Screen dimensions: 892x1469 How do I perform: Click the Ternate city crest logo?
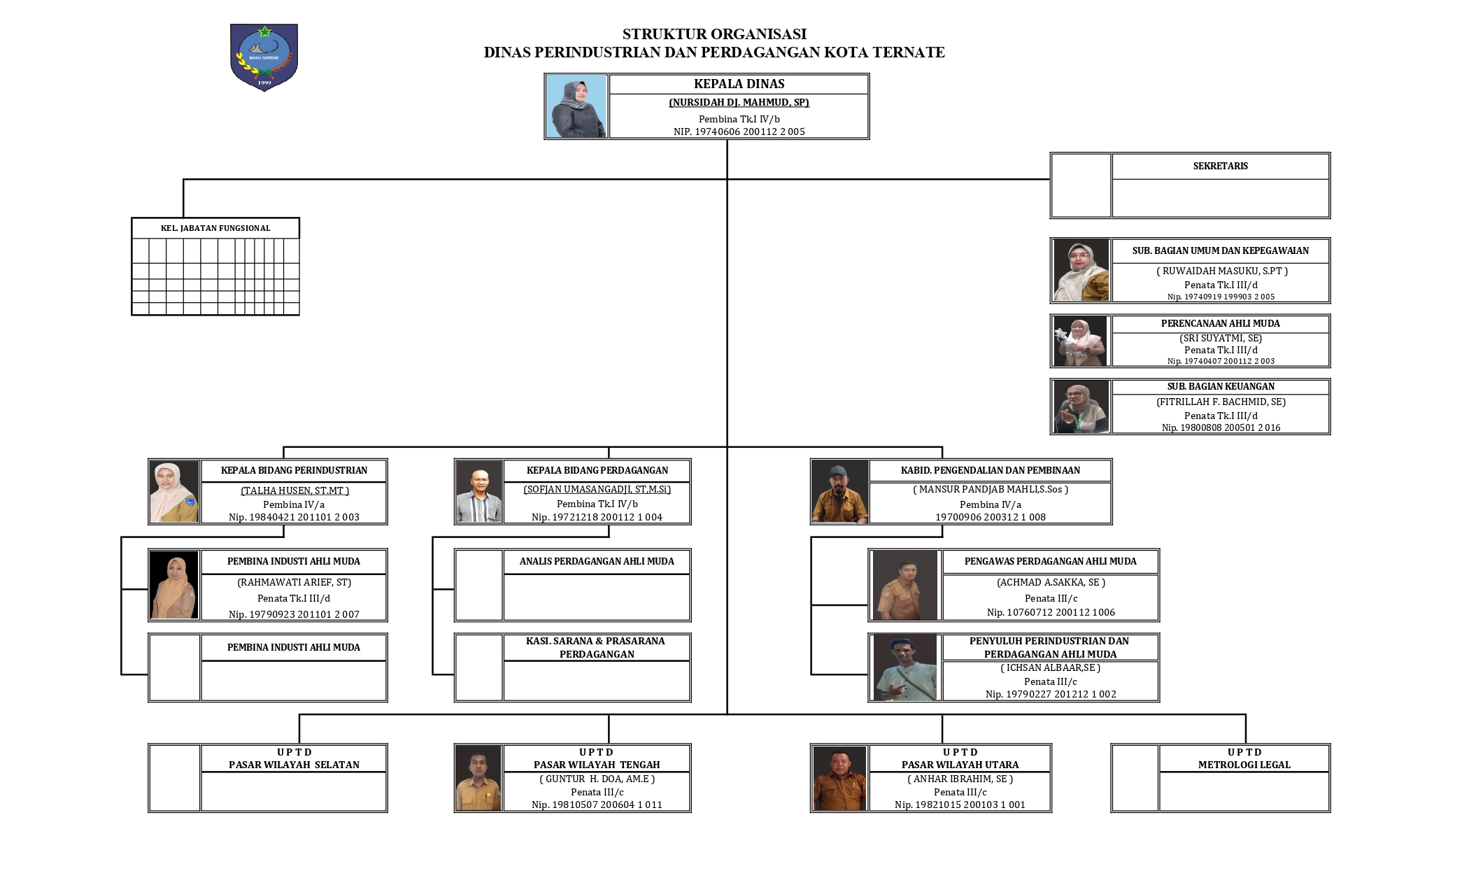[x=264, y=57]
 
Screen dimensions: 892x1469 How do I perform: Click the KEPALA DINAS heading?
[x=739, y=84]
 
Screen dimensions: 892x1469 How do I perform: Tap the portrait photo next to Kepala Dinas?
[x=576, y=106]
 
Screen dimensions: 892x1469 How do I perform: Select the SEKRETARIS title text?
[x=1220, y=167]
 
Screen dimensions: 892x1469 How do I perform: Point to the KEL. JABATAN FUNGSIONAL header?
[x=215, y=228]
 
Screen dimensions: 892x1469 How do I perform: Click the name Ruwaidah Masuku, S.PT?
[x=1221, y=271]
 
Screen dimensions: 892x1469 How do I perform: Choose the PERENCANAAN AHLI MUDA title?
[x=1220, y=324]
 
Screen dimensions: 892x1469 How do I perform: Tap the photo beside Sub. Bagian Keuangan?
[x=1081, y=406]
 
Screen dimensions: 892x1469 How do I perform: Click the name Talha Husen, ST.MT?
[x=294, y=490]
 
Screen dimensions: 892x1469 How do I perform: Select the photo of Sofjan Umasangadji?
[x=478, y=491]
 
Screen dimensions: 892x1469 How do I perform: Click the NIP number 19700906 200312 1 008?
[x=991, y=517]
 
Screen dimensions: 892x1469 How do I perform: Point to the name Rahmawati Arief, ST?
[x=294, y=582]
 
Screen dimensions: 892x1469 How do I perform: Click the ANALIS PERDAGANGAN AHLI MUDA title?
[x=597, y=561]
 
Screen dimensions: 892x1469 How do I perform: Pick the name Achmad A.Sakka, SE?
[x=1051, y=582]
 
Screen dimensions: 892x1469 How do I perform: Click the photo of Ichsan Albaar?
[x=904, y=667]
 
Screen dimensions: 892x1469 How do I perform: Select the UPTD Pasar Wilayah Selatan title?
[x=294, y=758]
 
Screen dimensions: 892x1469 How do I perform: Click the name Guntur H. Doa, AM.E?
[x=597, y=779]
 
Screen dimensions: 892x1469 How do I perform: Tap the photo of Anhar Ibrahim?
[x=839, y=778]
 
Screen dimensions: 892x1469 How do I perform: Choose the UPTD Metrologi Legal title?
[x=1244, y=758]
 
